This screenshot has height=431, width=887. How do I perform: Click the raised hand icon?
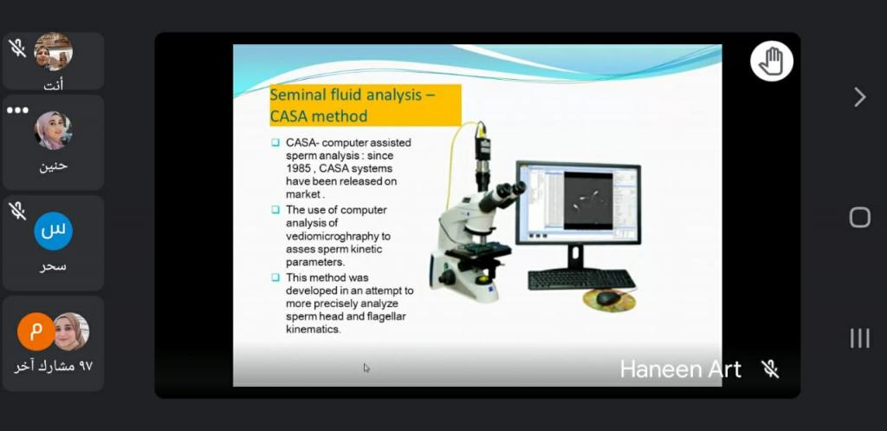coord(772,61)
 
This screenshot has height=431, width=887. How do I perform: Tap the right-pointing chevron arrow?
coord(860,97)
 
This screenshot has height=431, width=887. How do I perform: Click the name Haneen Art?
coord(680,369)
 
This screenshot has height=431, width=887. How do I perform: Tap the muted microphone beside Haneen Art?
coord(770,369)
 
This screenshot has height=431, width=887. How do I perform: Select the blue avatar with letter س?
coord(53,231)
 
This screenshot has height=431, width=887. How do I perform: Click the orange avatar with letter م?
coord(36,331)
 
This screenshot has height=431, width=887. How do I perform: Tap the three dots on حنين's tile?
coord(17,110)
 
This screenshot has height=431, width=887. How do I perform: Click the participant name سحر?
coord(53,265)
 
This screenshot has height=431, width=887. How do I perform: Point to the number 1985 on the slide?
coord(298,168)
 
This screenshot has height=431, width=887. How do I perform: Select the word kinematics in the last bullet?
coord(314,329)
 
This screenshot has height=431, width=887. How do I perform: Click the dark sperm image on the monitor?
coord(588,201)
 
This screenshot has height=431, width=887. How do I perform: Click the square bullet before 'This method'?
coord(275,278)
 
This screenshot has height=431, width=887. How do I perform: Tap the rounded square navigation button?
coord(860,217)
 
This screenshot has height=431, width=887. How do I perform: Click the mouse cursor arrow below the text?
coord(366,369)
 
